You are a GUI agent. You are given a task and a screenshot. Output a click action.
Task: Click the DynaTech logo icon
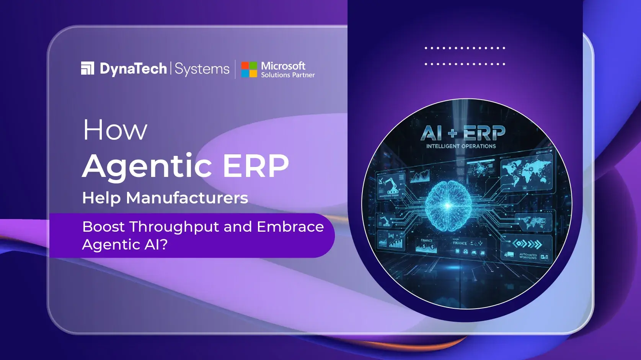[x=88, y=68]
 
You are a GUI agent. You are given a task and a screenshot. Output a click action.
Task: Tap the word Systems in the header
[x=202, y=69]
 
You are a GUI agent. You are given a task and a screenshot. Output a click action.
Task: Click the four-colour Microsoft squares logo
[x=249, y=69]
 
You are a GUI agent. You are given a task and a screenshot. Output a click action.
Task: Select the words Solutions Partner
[x=288, y=75]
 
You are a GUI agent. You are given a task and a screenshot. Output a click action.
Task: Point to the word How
[x=115, y=130]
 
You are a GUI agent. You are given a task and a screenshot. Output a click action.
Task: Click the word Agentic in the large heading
[x=147, y=166]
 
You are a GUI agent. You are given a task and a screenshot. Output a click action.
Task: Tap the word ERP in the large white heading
[x=256, y=166]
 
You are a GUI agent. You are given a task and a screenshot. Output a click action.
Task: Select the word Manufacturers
[x=187, y=198]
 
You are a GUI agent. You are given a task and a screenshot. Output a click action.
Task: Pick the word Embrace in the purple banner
[x=290, y=227]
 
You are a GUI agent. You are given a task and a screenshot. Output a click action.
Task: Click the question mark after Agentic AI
[x=164, y=244]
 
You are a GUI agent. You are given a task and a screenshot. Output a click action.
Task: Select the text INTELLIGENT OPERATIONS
[x=461, y=146]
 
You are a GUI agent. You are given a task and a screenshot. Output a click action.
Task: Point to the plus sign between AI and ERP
[x=453, y=133]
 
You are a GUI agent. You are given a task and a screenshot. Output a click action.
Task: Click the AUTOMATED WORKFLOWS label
[x=528, y=256]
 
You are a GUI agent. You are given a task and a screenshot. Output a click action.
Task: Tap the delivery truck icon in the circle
[x=509, y=254]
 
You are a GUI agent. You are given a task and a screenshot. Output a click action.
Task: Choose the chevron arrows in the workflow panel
[x=527, y=244]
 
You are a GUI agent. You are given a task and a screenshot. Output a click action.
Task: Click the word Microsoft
[x=283, y=66]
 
